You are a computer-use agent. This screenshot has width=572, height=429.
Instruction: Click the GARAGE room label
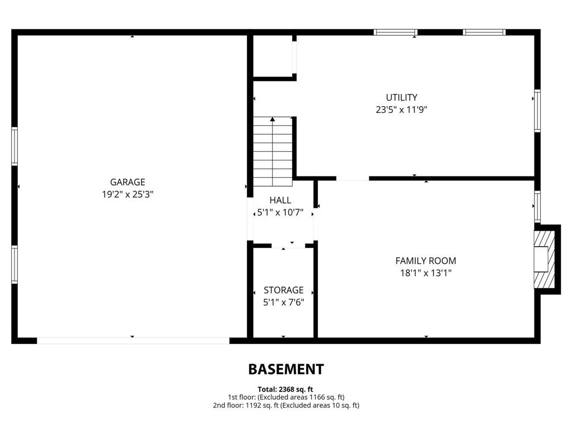[127, 182]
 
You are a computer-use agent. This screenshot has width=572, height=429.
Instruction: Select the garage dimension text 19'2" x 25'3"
[127, 194]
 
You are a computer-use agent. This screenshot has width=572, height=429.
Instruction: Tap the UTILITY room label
[402, 97]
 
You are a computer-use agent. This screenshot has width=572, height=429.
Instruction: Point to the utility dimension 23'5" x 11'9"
[402, 110]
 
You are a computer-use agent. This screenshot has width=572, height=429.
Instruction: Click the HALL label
[280, 200]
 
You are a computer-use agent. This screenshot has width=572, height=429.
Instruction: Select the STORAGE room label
[284, 290]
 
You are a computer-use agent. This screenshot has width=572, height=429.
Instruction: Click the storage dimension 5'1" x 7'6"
[284, 302]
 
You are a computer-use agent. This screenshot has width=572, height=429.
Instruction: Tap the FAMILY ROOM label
[426, 260]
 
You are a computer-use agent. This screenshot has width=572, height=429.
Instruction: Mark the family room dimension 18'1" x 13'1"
[426, 273]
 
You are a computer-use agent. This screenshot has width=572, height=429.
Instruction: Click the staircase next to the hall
[273, 152]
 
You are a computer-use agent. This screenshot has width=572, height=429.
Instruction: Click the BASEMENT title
[286, 369]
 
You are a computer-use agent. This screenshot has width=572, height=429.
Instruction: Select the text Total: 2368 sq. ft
[286, 389]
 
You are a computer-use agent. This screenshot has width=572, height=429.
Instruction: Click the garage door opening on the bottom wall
[133, 340]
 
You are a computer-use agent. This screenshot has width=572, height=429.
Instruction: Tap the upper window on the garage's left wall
[15, 146]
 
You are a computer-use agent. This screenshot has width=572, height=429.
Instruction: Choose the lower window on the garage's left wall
[15, 265]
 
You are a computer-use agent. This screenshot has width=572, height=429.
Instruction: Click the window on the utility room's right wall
[537, 110]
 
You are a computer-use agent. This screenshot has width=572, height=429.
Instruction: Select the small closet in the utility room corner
[274, 56]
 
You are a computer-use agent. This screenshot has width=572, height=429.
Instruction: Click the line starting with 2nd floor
[286, 405]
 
